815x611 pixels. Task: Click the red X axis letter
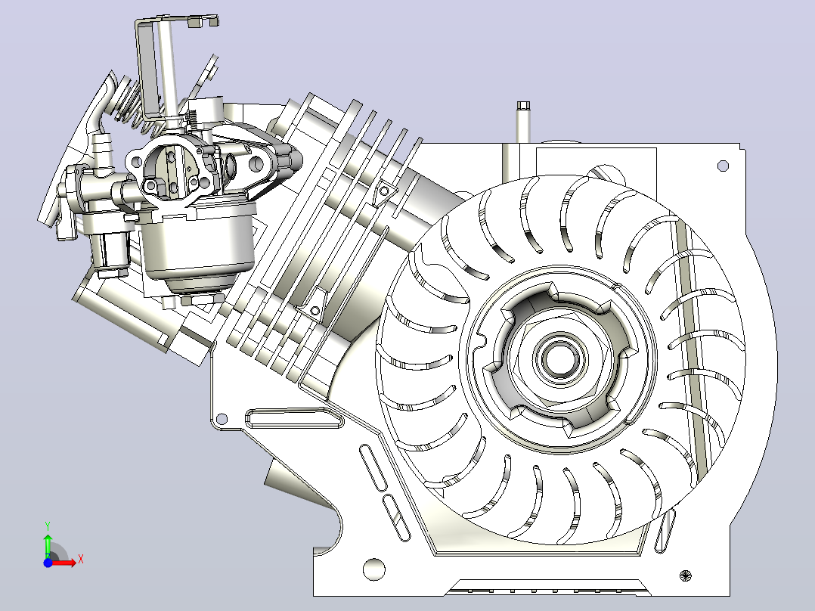(81, 560)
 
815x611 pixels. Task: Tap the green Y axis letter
(48, 526)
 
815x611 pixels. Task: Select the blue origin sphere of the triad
(48, 563)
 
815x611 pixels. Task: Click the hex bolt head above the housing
(523, 106)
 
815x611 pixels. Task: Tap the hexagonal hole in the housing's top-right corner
(723, 166)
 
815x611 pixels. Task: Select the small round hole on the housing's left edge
(222, 419)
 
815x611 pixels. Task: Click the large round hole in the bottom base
(373, 569)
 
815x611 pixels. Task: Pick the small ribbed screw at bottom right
(686, 575)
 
